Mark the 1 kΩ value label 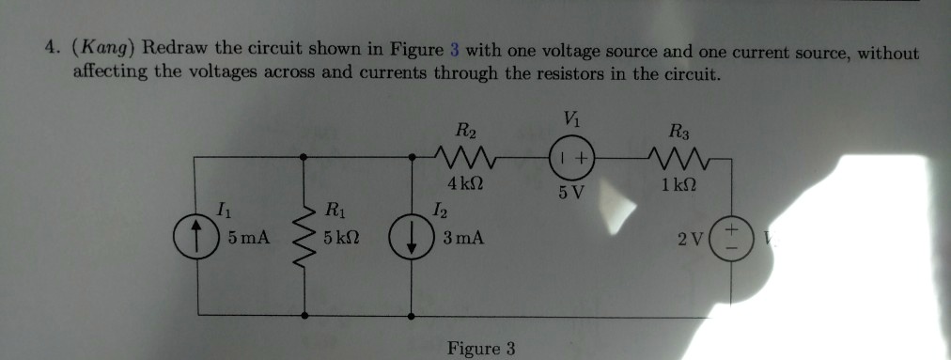tap(678, 183)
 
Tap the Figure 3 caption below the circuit tap(481, 349)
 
